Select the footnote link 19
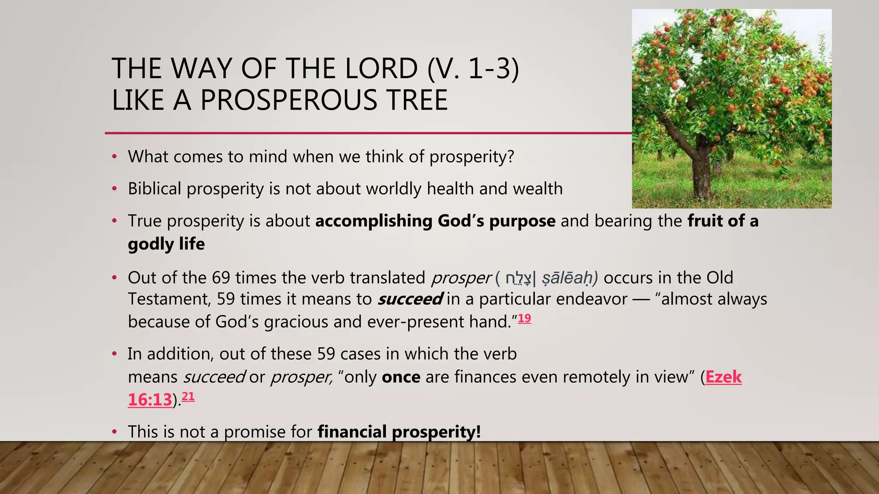(x=524, y=318)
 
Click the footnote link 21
(x=188, y=396)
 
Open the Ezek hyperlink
(x=723, y=377)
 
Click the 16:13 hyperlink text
(x=150, y=400)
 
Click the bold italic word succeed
(x=409, y=299)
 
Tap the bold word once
(x=401, y=377)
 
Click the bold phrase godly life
(x=166, y=244)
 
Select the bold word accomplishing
(x=373, y=221)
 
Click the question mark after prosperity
(x=510, y=157)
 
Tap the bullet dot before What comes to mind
(x=114, y=157)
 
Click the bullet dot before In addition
(x=114, y=354)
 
